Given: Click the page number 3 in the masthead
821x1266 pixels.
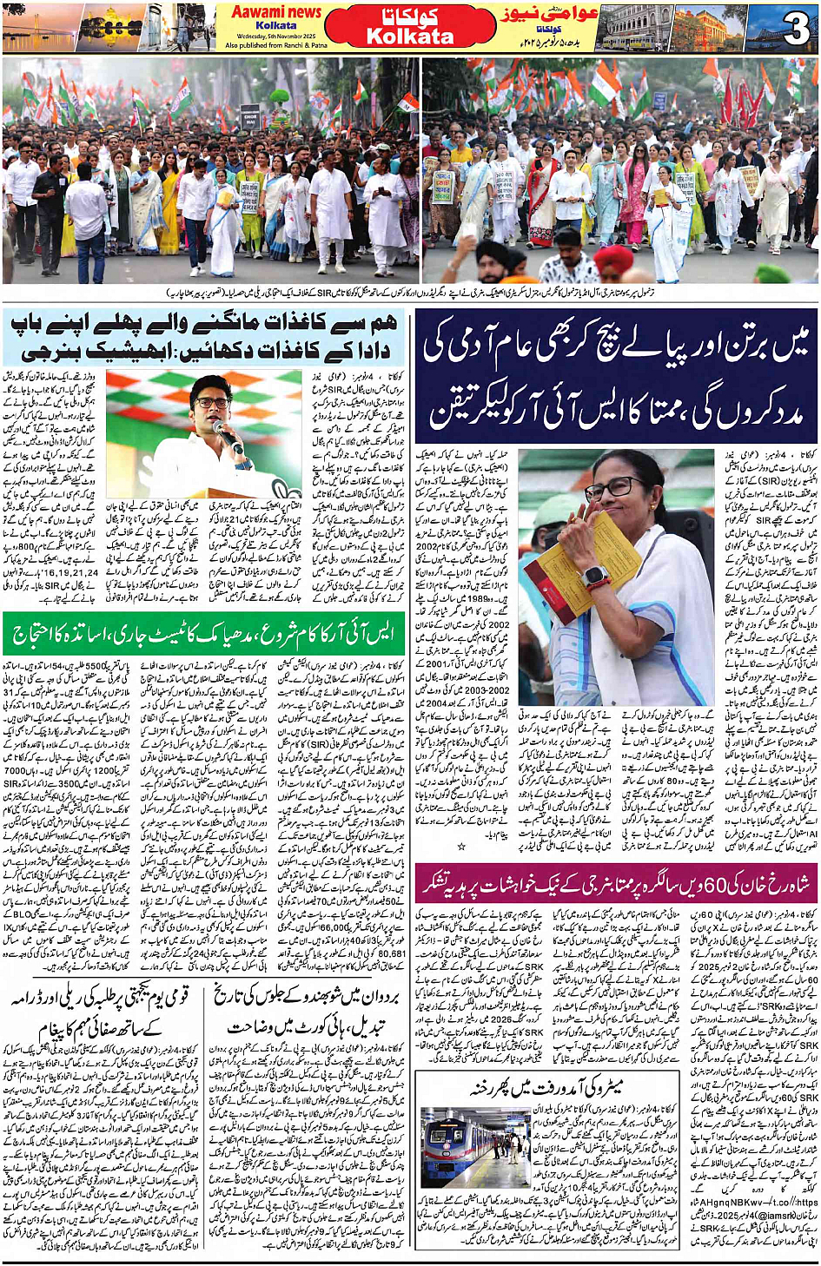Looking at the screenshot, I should tap(795, 30).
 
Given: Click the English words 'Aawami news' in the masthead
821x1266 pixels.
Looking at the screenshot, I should tap(276, 12).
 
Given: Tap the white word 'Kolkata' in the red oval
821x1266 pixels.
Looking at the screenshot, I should tap(410, 36).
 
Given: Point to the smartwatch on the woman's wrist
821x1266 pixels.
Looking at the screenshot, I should tap(594, 576).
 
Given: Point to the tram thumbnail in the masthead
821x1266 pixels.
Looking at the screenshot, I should tap(632, 30).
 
